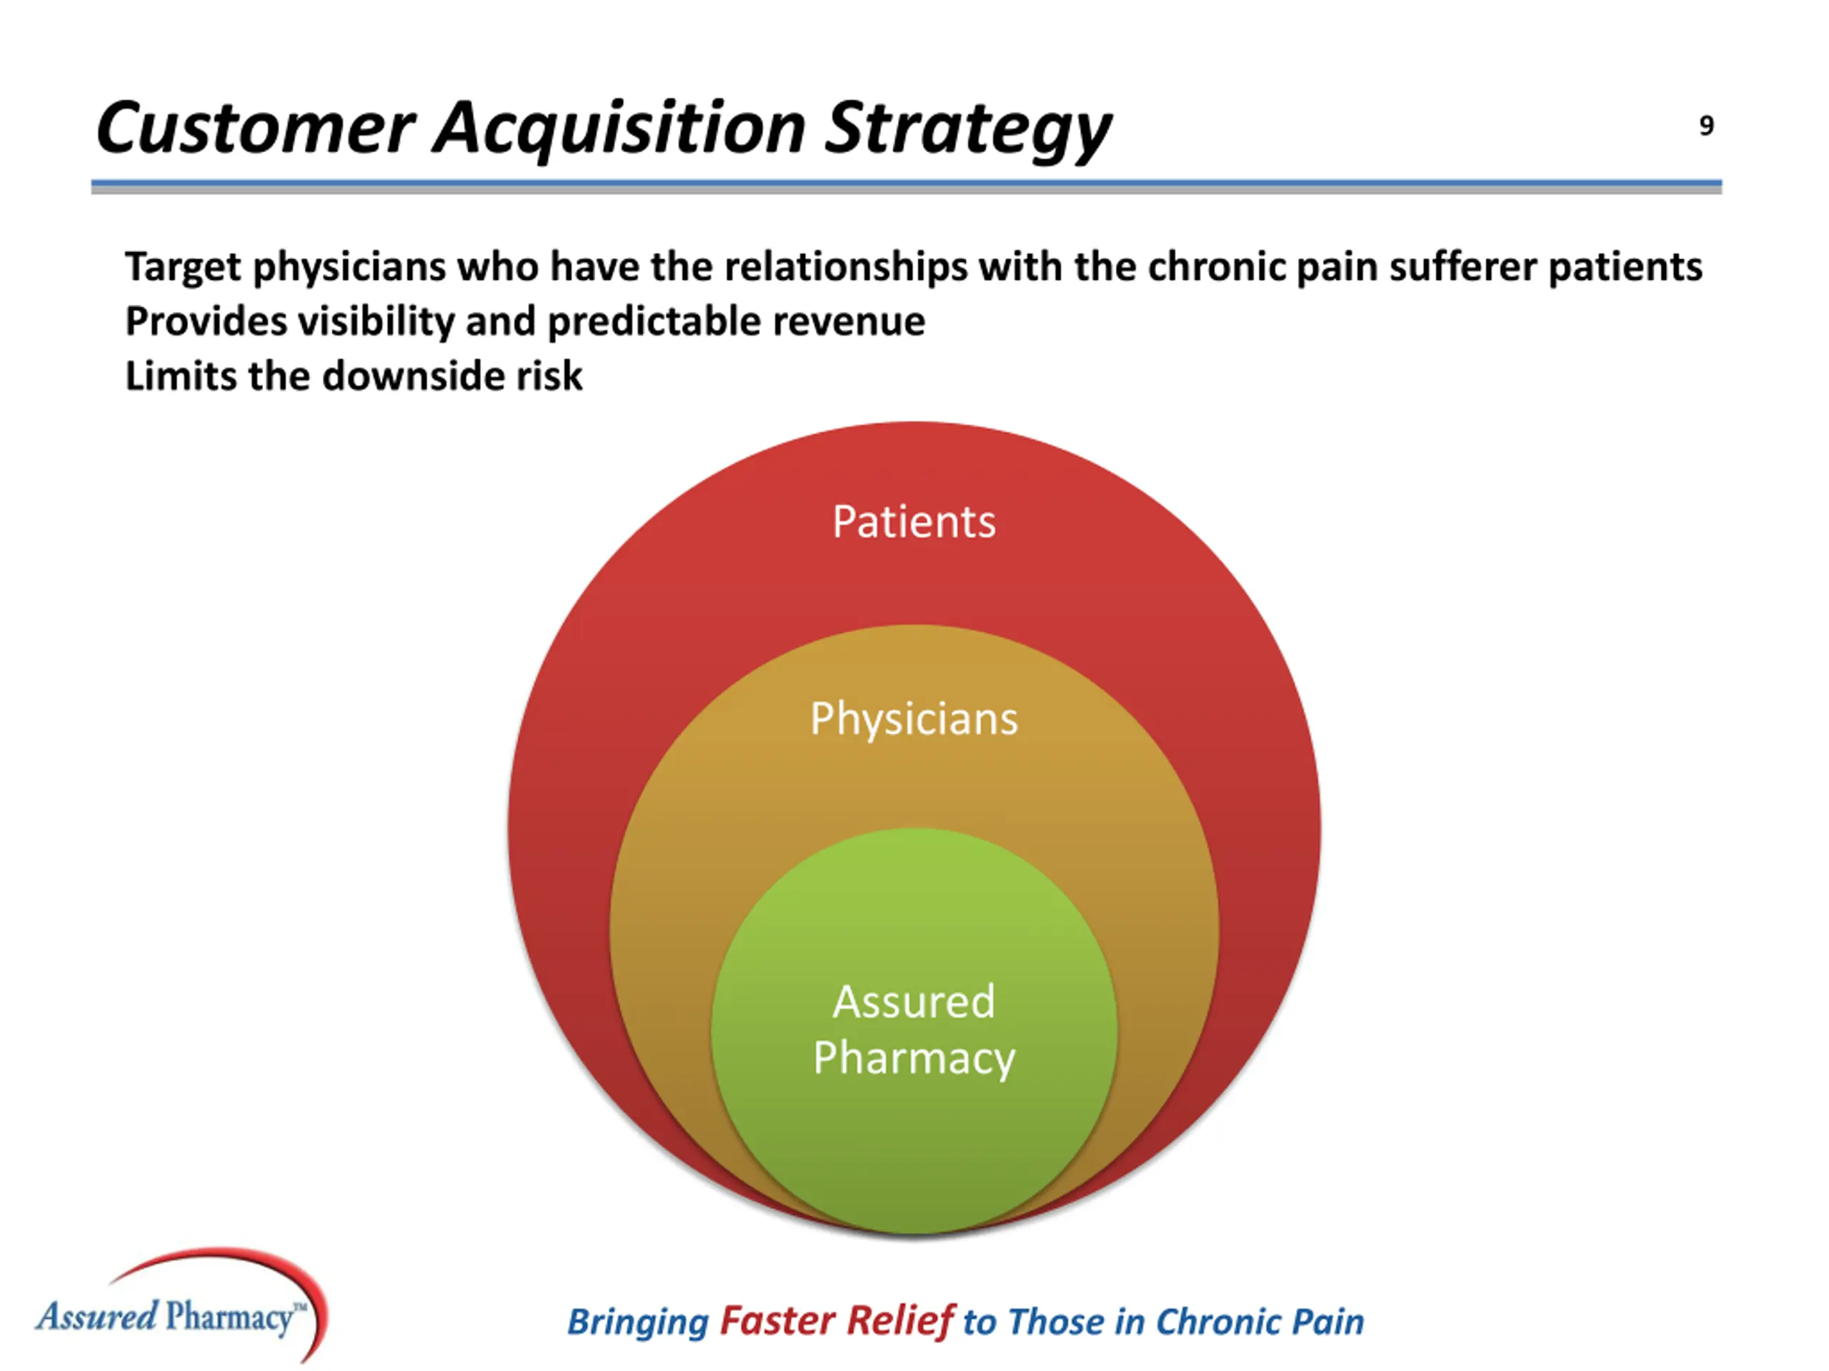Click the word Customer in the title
[x=254, y=128]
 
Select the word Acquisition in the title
[x=619, y=128]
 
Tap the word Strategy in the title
[x=967, y=128]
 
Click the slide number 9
[x=1706, y=126]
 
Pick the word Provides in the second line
[x=206, y=321]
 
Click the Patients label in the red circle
[x=914, y=522]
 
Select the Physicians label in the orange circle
[x=914, y=719]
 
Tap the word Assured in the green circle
[x=914, y=1002]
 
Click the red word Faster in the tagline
[x=777, y=1320]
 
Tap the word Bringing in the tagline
[x=637, y=1322]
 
